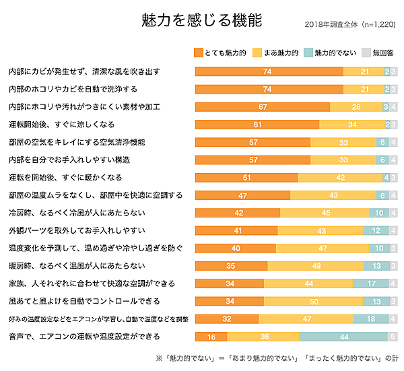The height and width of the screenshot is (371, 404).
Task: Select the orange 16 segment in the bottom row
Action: pos(211,336)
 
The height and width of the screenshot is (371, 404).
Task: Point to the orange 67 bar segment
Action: pos(263,106)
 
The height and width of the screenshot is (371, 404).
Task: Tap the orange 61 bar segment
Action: pos(257,124)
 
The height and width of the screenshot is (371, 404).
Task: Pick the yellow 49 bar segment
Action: pos(315,265)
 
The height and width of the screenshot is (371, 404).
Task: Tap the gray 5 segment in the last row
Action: pos(393,336)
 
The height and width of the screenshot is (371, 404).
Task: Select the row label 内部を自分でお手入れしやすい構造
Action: pos(69,160)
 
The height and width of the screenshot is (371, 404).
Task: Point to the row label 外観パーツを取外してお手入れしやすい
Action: pos(77,230)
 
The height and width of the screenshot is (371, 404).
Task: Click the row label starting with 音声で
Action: pos(83,336)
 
